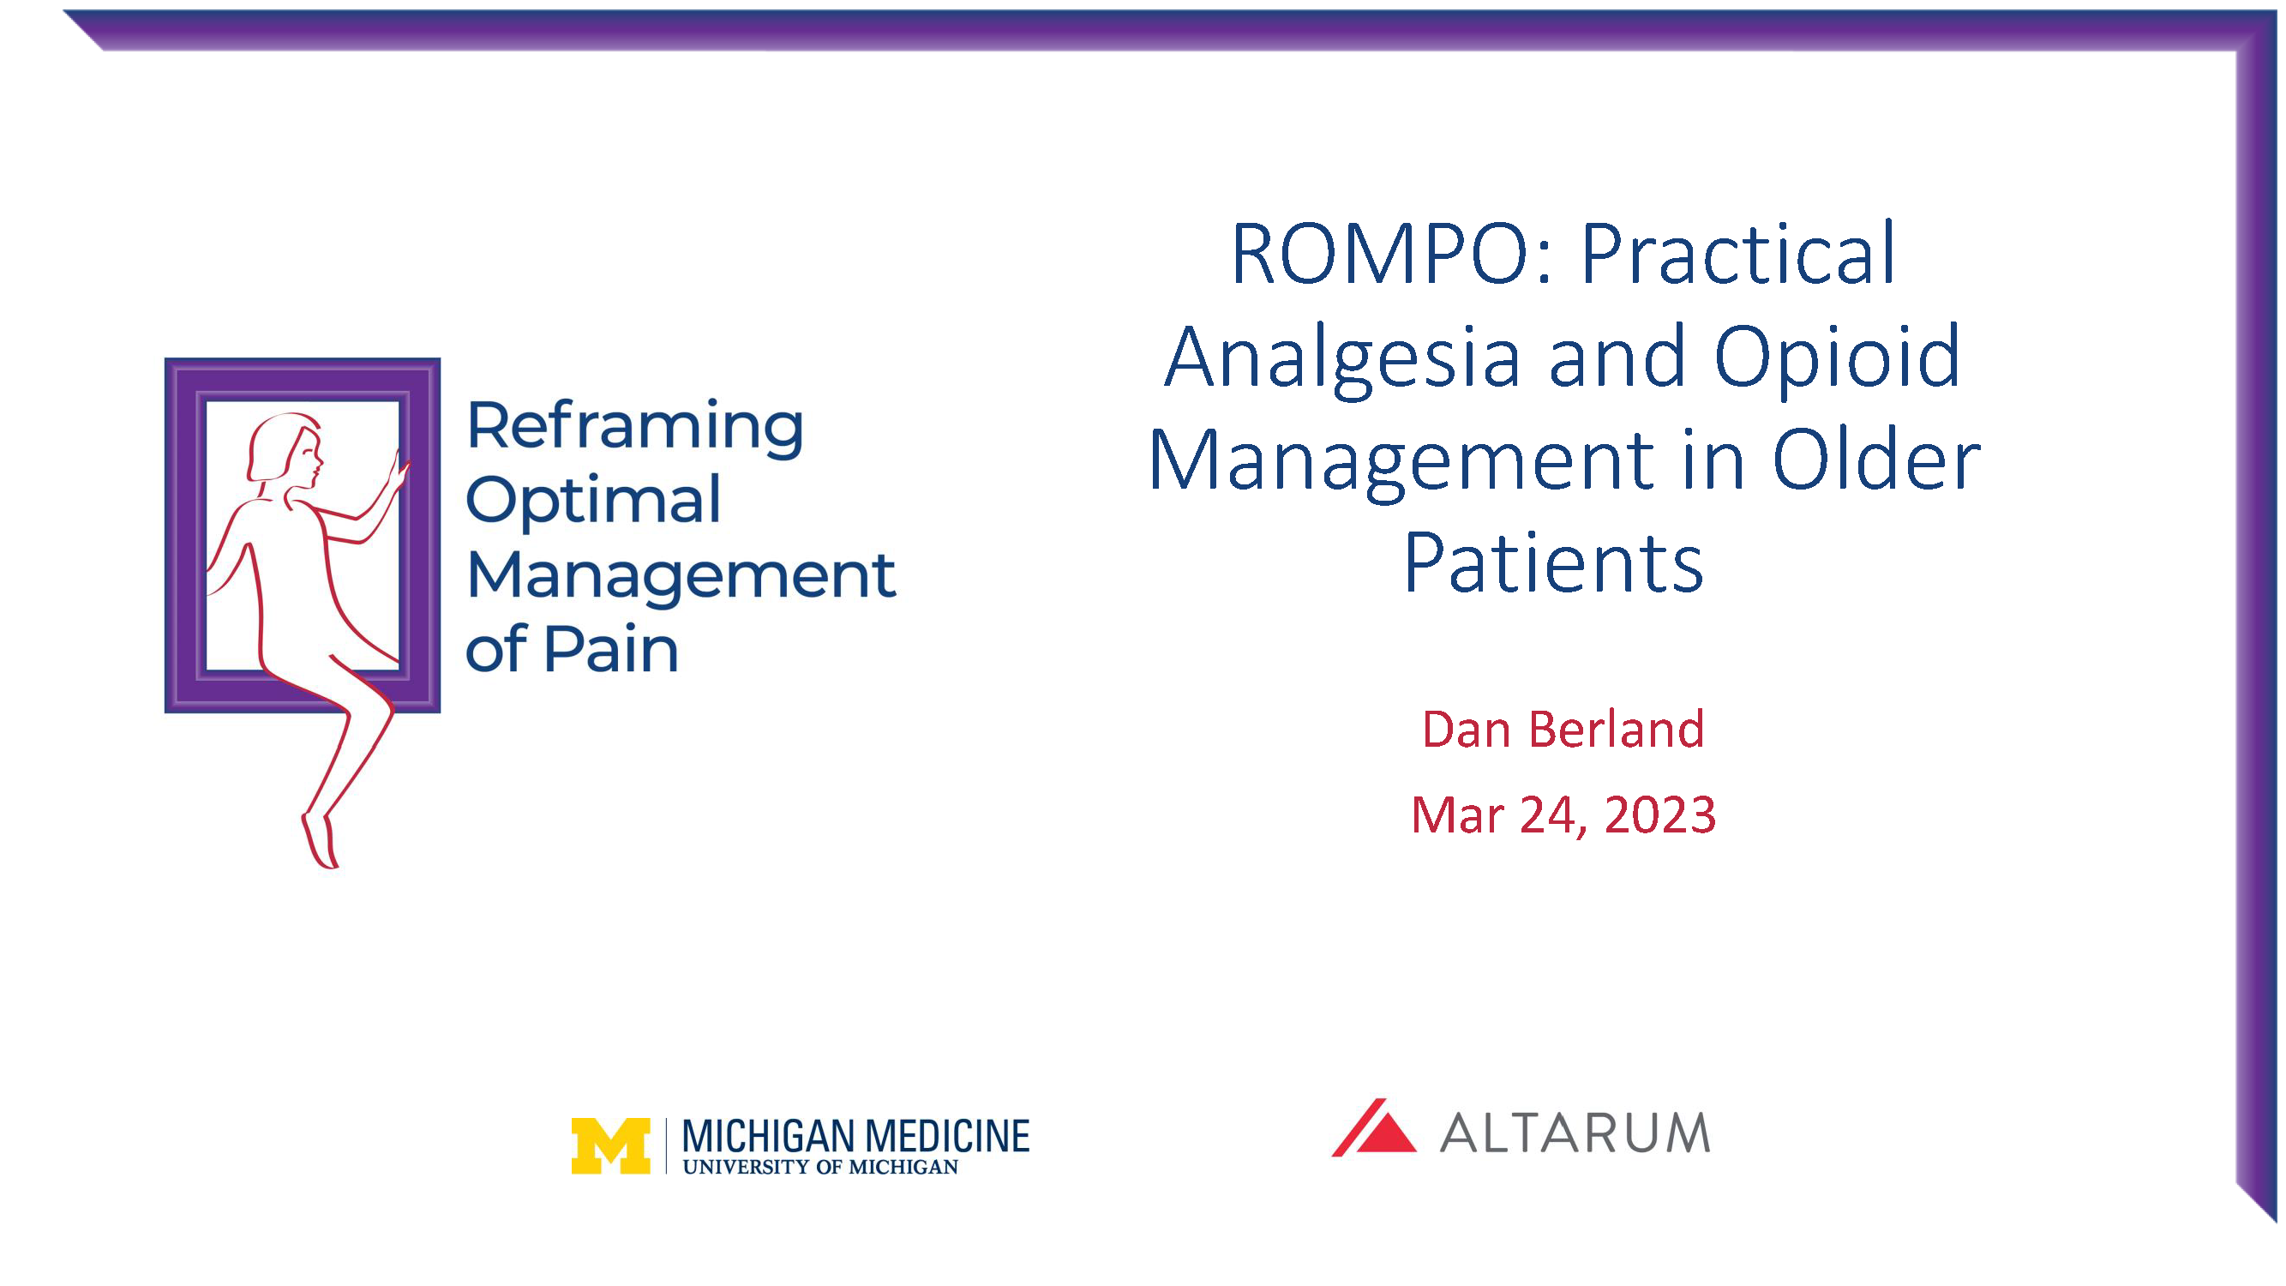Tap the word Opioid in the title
click(x=1836, y=358)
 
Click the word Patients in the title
click(x=1553, y=562)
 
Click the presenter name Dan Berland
click(x=1563, y=730)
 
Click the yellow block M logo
click(x=610, y=1145)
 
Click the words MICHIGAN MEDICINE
click(x=855, y=1136)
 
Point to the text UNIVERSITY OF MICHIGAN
click(x=820, y=1167)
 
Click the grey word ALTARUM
click(x=1575, y=1133)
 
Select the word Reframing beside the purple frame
click(x=634, y=427)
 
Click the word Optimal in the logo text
click(x=593, y=501)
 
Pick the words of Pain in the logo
click(x=572, y=650)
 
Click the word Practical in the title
click(x=1737, y=255)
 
